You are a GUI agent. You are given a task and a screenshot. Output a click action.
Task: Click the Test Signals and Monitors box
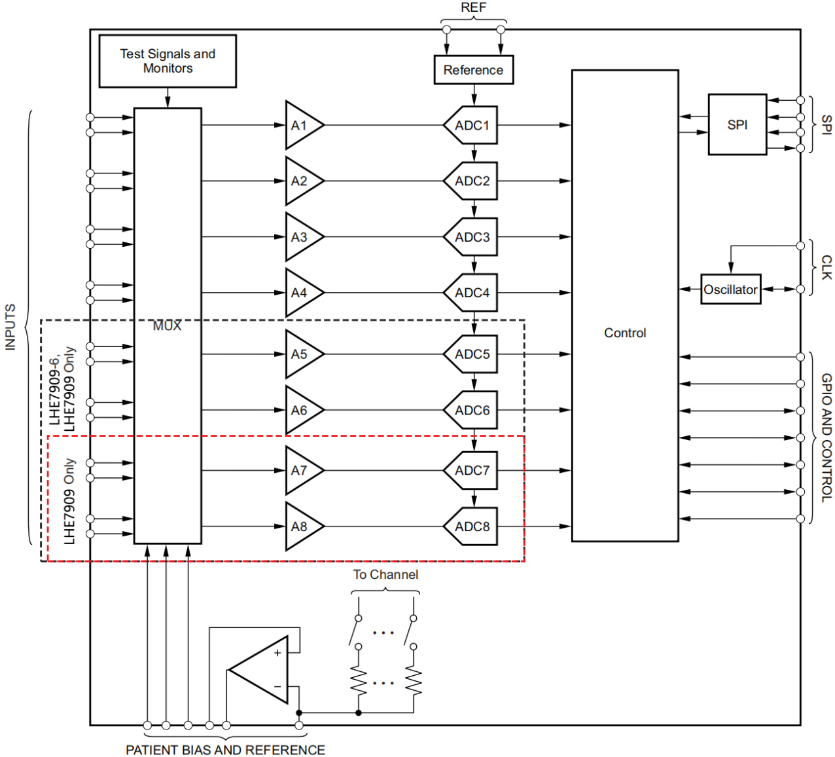[x=168, y=62]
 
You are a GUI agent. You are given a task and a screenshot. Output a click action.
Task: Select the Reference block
[x=473, y=69]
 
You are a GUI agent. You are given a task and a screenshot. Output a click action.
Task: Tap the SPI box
[x=737, y=124]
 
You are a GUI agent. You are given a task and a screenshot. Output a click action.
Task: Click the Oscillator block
[x=730, y=289]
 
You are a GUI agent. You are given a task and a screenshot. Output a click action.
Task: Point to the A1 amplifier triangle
[x=304, y=125]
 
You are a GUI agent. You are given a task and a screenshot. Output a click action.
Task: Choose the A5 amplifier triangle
[x=304, y=354]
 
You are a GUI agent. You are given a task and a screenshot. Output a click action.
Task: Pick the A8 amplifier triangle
[x=304, y=526]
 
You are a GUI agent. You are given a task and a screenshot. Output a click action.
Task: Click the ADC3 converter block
[x=471, y=236]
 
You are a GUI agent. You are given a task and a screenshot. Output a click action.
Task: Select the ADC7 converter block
[x=471, y=470]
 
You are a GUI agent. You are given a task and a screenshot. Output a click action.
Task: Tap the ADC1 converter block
[x=471, y=125]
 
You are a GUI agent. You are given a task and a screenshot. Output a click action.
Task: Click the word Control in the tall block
[x=625, y=333]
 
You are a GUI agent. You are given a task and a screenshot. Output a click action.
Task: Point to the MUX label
[x=167, y=326]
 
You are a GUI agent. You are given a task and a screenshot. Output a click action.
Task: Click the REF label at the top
[x=473, y=7]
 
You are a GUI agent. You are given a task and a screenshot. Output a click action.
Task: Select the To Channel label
[x=385, y=574]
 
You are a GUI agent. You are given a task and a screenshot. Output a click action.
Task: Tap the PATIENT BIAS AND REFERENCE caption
[x=225, y=750]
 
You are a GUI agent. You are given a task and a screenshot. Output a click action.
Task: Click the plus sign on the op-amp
[x=277, y=653]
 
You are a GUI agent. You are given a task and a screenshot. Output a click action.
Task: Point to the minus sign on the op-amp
[x=277, y=686]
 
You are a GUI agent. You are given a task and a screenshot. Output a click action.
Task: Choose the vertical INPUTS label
[x=10, y=327]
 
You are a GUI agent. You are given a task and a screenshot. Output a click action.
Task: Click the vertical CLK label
[x=826, y=267]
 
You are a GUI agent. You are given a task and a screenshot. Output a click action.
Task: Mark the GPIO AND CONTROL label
[x=826, y=437]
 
